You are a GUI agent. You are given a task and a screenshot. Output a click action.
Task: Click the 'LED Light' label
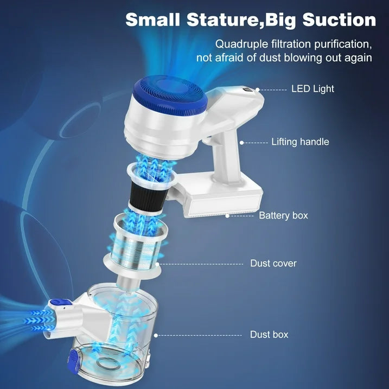coord(313,89)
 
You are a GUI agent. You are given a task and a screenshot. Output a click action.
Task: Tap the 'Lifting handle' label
coord(300,142)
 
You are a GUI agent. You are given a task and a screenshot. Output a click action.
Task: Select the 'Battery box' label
coord(283,215)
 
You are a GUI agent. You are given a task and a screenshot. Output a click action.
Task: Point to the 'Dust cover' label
coord(273,263)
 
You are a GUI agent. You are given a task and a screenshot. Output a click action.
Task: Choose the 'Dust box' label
coord(269,334)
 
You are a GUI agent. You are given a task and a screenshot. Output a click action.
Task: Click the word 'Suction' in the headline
coord(339,20)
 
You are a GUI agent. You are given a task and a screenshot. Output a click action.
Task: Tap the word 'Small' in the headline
coord(152,20)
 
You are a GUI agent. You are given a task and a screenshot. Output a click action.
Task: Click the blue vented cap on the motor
coord(170,95)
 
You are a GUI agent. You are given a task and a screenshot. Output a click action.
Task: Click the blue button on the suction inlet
coord(59,303)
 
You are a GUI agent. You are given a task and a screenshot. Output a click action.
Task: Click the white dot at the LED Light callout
coord(258,90)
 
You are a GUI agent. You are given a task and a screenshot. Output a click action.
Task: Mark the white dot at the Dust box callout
coord(156,335)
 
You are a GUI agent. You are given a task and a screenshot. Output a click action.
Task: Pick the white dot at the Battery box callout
coord(227,216)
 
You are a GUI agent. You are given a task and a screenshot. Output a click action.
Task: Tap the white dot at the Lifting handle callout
coord(241,143)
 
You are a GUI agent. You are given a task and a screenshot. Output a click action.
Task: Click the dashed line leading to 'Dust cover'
coord(201,264)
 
